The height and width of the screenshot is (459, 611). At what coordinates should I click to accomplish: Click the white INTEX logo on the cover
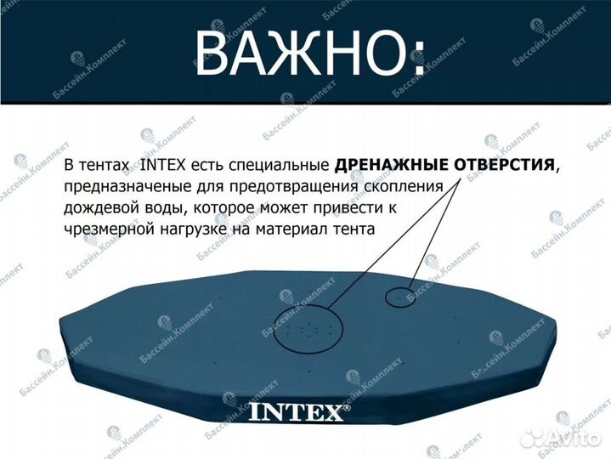point(297,413)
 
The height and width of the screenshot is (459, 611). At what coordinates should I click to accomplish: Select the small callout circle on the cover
point(401,297)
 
